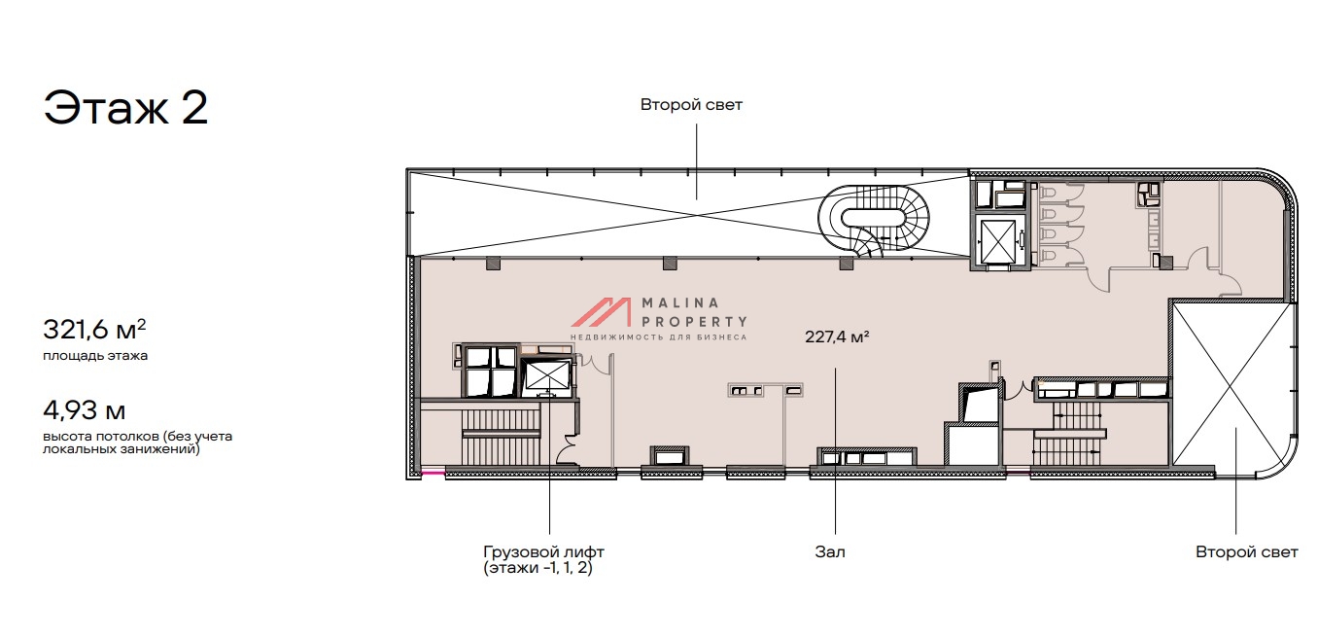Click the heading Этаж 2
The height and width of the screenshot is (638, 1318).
125,107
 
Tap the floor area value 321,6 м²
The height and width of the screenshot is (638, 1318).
94,329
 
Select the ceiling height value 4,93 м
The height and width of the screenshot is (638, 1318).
85,410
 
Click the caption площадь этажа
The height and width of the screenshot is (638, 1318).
95,356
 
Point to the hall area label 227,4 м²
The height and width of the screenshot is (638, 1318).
837,337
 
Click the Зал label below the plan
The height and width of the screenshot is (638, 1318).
830,552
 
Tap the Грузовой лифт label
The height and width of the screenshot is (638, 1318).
543,552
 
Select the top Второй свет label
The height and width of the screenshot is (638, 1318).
691,105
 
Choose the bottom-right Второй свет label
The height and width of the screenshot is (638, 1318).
1247,552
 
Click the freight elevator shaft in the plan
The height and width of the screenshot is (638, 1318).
547,375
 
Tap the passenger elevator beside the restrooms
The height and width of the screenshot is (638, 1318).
999,241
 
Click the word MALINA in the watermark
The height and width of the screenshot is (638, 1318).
679,303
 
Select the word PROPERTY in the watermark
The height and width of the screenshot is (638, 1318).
694,321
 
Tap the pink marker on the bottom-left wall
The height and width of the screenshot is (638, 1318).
434,472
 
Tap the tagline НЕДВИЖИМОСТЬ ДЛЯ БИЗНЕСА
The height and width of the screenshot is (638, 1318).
658,337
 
